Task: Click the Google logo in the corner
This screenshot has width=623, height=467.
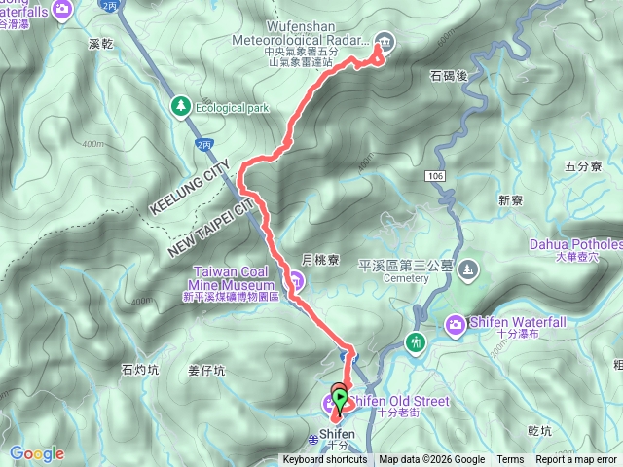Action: tap(37, 453)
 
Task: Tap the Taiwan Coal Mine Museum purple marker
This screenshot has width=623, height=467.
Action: tap(297, 281)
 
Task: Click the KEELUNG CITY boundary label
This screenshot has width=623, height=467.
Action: tap(189, 190)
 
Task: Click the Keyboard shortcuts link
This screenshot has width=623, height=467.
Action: tap(325, 460)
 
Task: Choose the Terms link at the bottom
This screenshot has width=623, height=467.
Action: tap(510, 460)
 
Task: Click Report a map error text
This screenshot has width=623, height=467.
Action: tap(576, 460)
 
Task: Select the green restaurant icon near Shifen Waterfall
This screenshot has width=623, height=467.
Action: tap(417, 342)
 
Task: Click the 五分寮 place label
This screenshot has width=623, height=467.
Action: tap(584, 166)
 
